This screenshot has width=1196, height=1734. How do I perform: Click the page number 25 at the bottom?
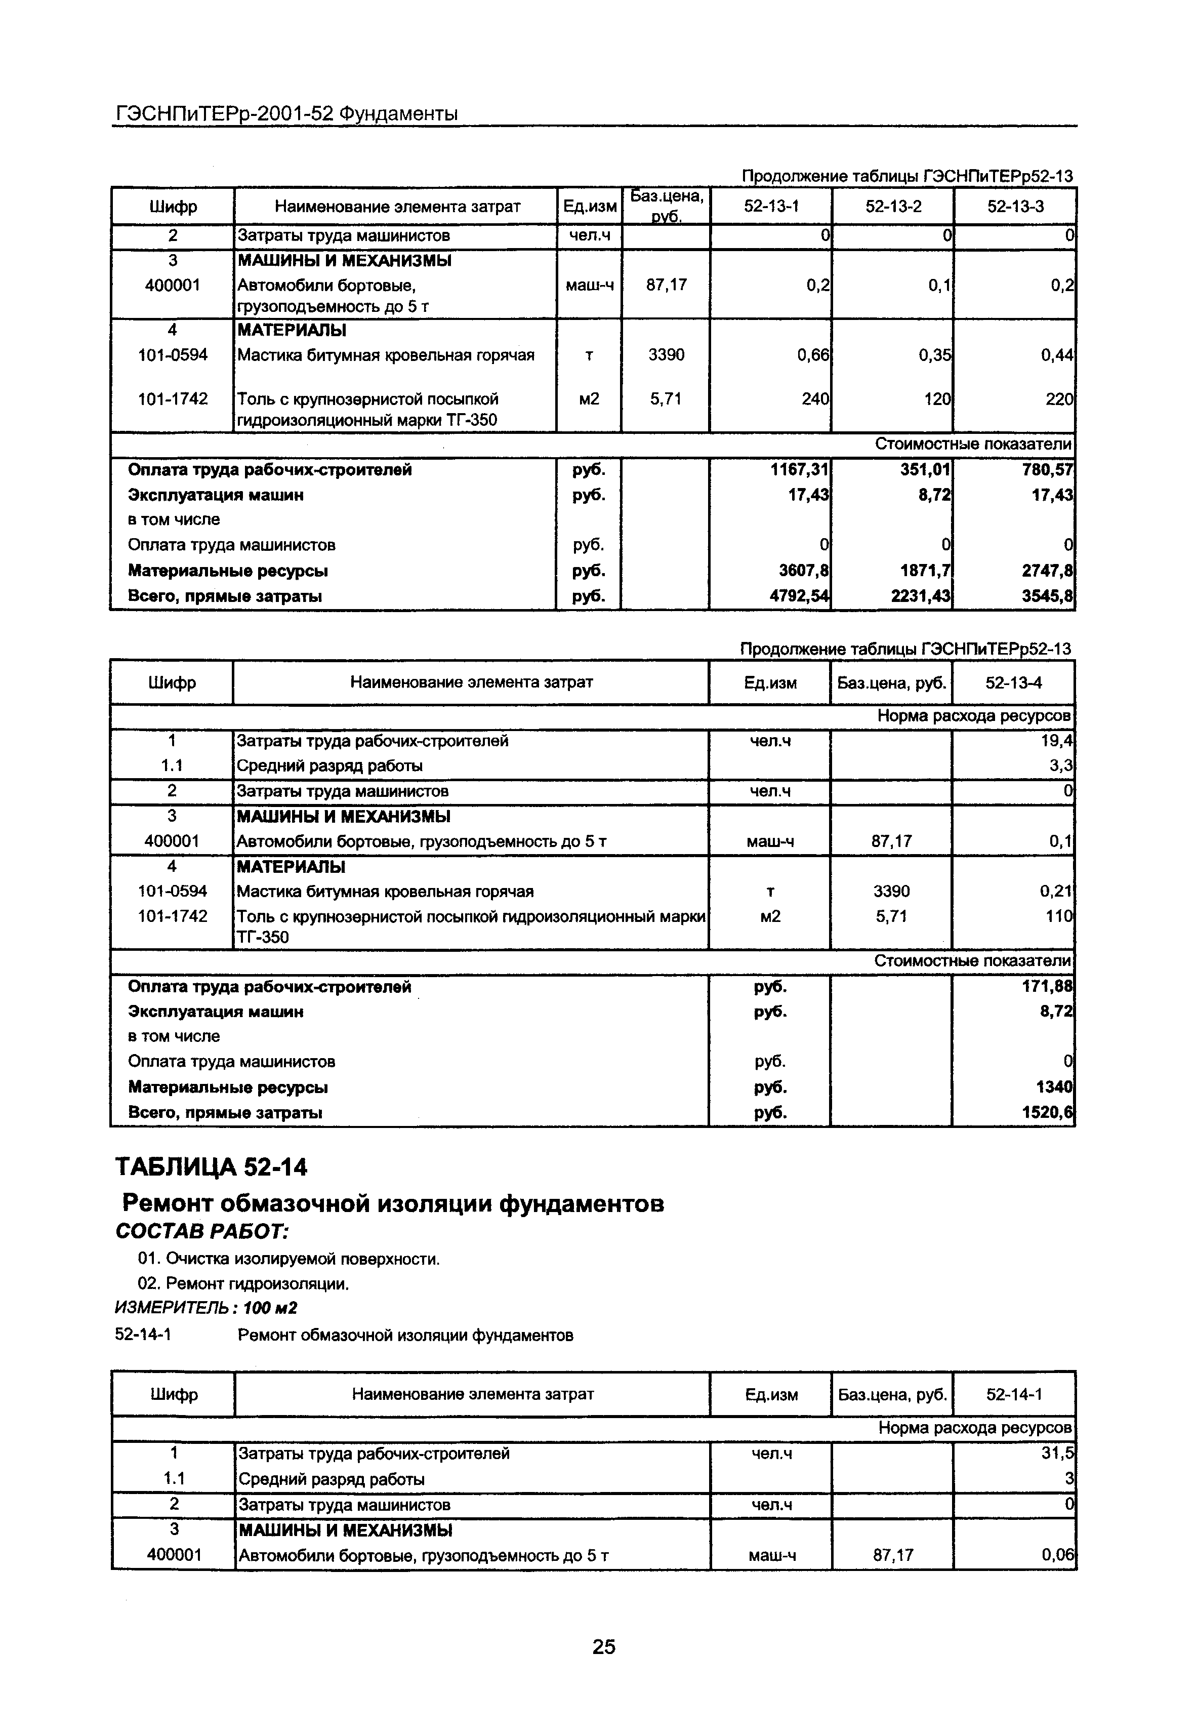tap(603, 1646)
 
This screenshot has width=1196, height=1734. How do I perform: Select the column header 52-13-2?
tap(892, 206)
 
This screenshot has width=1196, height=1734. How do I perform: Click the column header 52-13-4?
tap(1013, 682)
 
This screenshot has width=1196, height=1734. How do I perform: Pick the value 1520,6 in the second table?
tap(1048, 1113)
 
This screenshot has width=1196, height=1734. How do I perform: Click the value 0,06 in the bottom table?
tap(1057, 1555)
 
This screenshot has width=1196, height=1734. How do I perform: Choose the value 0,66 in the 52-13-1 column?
tap(813, 355)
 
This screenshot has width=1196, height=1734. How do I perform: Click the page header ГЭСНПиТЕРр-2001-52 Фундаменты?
tap(286, 114)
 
